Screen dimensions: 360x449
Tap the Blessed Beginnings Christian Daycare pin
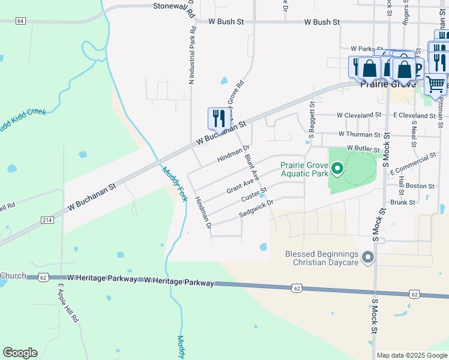(368, 258)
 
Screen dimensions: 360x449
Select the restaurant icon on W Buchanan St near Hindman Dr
(218, 118)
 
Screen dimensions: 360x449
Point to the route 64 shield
(21, 21)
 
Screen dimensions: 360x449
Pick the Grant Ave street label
(243, 184)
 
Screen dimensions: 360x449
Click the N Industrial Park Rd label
(191, 53)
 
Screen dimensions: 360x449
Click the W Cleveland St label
(359, 115)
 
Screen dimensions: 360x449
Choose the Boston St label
(420, 186)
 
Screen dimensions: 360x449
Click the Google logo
(20, 353)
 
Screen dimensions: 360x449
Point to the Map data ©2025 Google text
(412, 355)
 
